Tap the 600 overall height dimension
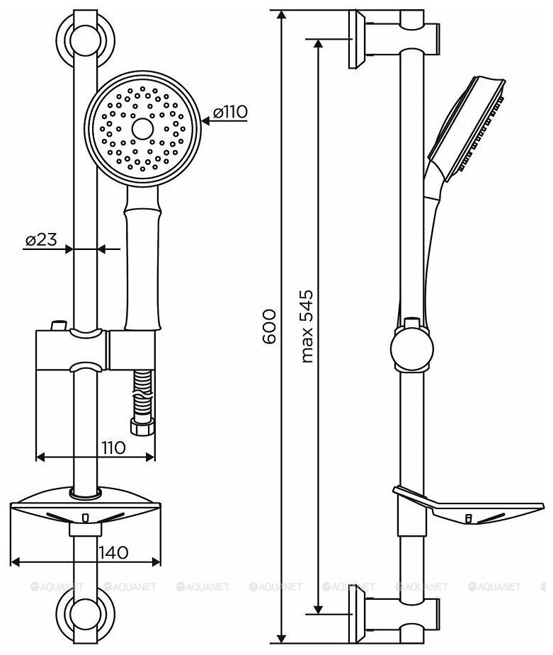[x=268, y=326]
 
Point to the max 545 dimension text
[x=306, y=326]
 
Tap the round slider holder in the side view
[x=411, y=346]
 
